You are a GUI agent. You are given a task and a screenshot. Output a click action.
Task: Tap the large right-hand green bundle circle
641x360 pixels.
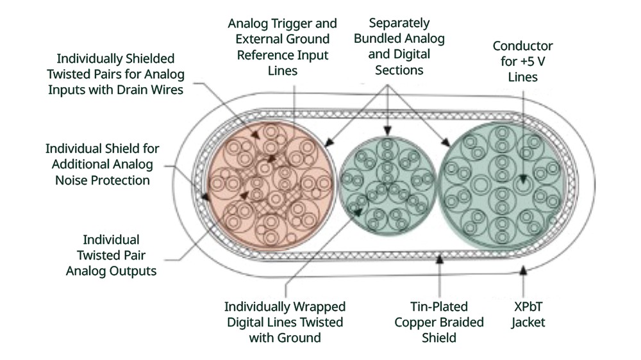(504, 186)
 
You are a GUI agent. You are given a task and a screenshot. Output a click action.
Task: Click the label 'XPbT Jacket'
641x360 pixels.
(528, 315)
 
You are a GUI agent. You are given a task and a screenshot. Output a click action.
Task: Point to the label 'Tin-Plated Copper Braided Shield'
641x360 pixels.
(438, 322)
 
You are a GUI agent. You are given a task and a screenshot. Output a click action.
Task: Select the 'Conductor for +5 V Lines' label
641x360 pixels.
(522, 61)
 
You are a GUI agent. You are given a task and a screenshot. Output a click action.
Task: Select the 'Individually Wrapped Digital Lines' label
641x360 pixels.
(286, 322)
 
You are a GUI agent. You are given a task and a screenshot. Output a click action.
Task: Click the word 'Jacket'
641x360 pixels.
(528, 322)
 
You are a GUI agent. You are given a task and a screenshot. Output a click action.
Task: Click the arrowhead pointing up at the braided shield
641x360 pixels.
(439, 259)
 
